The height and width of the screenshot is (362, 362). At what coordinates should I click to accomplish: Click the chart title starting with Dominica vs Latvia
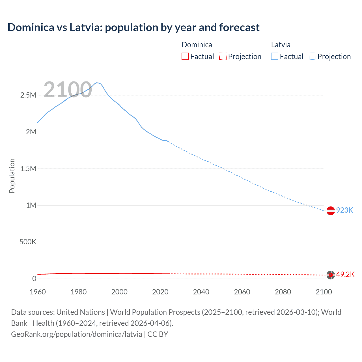pyautogui.click(x=133, y=27)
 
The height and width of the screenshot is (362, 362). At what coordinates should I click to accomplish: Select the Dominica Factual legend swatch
pyautogui.click(x=185, y=56)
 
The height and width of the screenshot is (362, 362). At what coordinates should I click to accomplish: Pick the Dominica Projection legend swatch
pyautogui.click(x=223, y=56)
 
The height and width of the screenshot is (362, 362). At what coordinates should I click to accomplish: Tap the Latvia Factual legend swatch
pyautogui.click(x=274, y=56)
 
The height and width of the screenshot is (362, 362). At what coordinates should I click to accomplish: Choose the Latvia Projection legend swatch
pyautogui.click(x=312, y=56)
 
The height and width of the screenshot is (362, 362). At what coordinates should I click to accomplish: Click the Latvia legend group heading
pyautogui.click(x=281, y=45)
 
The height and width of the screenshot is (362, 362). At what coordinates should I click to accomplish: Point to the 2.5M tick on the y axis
pyautogui.click(x=28, y=95)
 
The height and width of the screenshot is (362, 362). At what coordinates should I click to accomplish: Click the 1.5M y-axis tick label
pyautogui.click(x=28, y=169)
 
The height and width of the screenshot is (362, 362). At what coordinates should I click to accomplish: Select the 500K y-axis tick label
pyautogui.click(x=28, y=242)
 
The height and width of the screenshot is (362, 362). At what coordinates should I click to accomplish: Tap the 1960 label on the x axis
pyautogui.click(x=38, y=292)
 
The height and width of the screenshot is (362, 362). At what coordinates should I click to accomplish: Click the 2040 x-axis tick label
pyautogui.click(x=201, y=292)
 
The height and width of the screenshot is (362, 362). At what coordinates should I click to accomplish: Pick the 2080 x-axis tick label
pyautogui.click(x=283, y=292)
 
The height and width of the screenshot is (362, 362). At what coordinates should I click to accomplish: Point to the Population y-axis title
pyautogui.click(x=12, y=176)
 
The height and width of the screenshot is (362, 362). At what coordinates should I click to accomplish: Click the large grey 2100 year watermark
pyautogui.click(x=68, y=90)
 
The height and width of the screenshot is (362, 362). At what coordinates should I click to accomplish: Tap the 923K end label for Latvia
pyautogui.click(x=344, y=210)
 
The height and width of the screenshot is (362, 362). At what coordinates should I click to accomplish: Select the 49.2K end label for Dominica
pyautogui.click(x=345, y=275)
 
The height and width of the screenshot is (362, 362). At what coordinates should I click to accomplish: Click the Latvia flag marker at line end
pyautogui.click(x=331, y=211)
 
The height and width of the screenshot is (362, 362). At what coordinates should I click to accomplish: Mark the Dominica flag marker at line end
pyautogui.click(x=331, y=275)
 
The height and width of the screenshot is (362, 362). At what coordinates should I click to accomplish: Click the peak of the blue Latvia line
pyautogui.click(x=97, y=83)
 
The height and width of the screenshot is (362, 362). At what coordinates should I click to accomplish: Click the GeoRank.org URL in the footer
pyautogui.click(x=76, y=334)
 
